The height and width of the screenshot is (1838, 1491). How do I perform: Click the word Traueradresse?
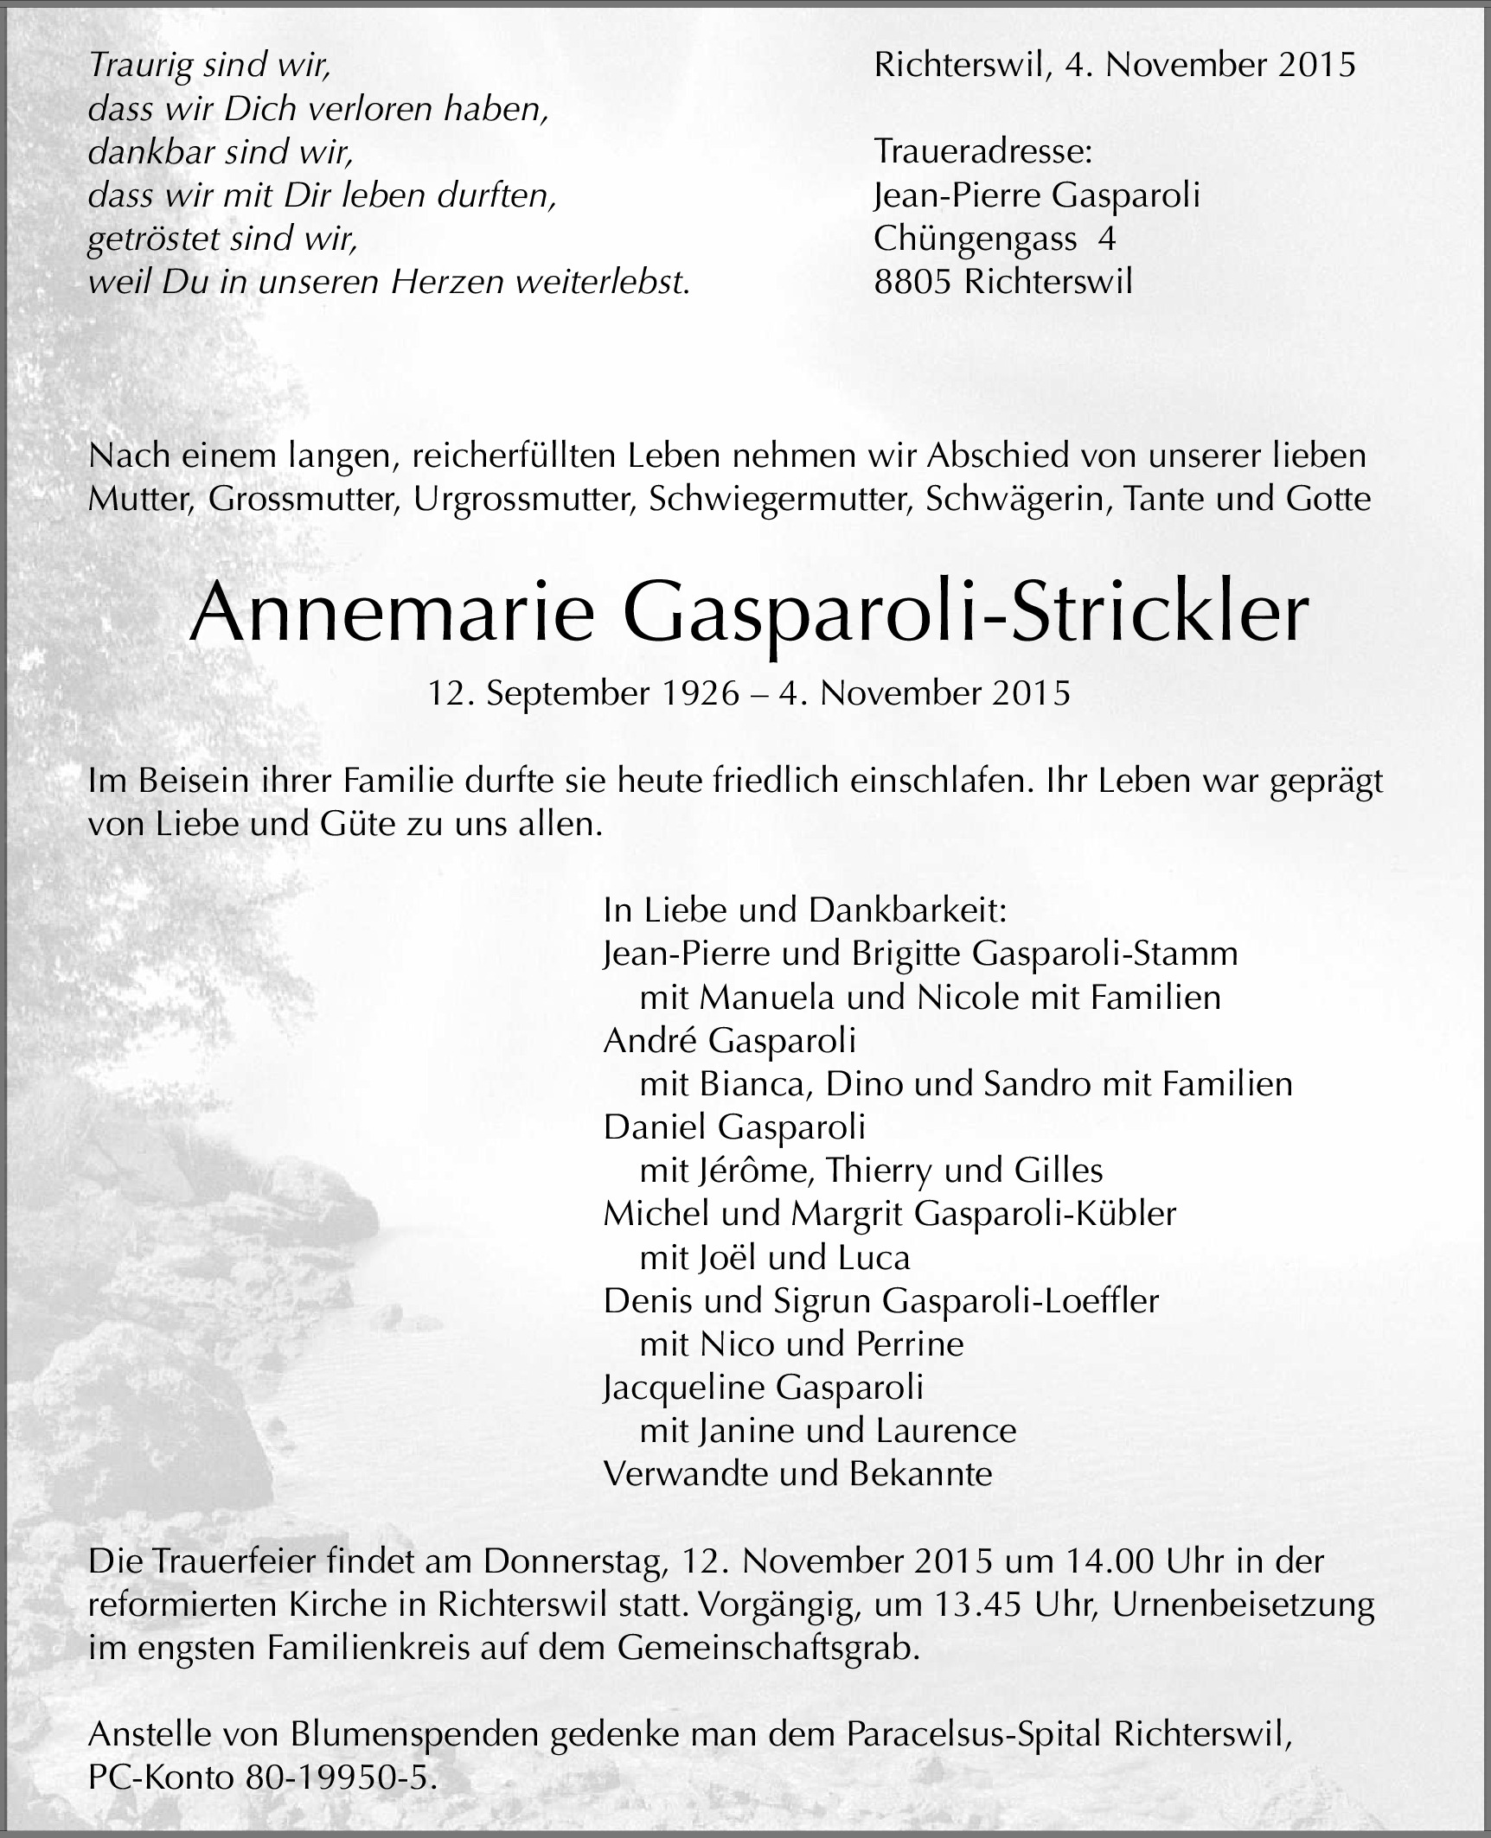982,152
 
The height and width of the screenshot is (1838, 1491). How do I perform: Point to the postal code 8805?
912,283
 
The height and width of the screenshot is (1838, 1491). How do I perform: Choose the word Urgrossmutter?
525,499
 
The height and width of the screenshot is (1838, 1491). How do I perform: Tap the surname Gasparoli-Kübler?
1044,1214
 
